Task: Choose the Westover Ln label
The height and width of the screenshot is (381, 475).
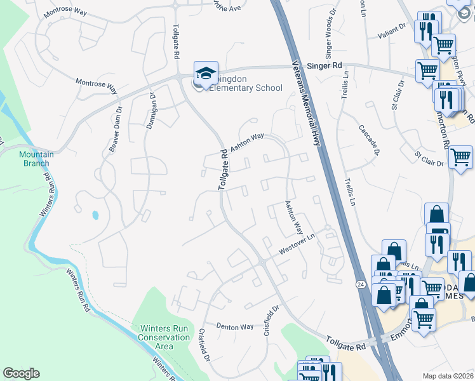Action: [297, 244]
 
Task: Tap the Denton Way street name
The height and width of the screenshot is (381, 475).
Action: [234, 326]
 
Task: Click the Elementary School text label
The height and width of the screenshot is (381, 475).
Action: [243, 88]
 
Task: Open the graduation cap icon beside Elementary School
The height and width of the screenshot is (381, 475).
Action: [206, 74]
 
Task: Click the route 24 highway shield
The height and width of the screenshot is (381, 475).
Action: [360, 283]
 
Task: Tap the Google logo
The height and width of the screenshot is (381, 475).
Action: [21, 373]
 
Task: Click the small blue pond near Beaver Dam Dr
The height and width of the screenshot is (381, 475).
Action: [95, 215]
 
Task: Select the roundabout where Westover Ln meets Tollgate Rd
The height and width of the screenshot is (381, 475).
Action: [262, 262]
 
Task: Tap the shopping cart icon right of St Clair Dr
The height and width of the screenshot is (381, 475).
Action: [460, 157]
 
